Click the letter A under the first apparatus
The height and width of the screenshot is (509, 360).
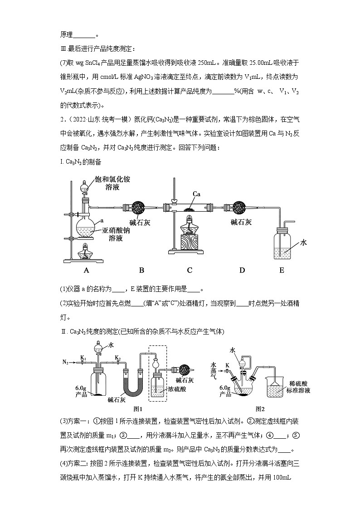pyautogui.click(x=86, y=270)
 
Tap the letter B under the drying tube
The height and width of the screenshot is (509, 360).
pyautogui.click(x=141, y=270)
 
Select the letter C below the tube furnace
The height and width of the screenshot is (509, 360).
pyautogui.click(x=190, y=270)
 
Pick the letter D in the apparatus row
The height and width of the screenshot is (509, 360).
pyautogui.click(x=242, y=270)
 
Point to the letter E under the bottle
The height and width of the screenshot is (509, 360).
pyautogui.click(x=282, y=270)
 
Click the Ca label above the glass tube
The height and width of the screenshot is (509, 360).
pyautogui.click(x=196, y=194)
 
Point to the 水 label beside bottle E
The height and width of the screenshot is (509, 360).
pyautogui.click(x=303, y=243)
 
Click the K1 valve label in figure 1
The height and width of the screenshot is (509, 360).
pyautogui.click(x=83, y=358)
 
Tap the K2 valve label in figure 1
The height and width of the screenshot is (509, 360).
pyautogui.click(x=117, y=358)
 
